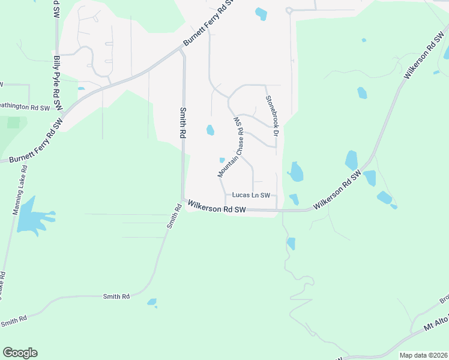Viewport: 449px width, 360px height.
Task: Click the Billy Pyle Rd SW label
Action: tap(58, 83)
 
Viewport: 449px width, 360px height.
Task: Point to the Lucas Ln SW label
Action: tap(252, 195)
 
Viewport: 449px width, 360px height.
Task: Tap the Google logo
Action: tap(20, 353)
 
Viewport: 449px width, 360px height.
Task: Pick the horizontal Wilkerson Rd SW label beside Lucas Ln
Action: tap(217, 207)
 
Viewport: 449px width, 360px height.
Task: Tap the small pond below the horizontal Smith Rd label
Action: tap(151, 302)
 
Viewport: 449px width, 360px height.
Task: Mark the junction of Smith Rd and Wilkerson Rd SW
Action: tap(182, 200)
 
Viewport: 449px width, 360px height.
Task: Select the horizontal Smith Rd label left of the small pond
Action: tap(116, 296)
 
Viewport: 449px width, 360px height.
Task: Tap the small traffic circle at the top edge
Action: tap(289, 10)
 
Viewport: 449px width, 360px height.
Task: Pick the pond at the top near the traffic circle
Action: tap(261, 13)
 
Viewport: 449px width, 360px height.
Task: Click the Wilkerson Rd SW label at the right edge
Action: tap(420, 58)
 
